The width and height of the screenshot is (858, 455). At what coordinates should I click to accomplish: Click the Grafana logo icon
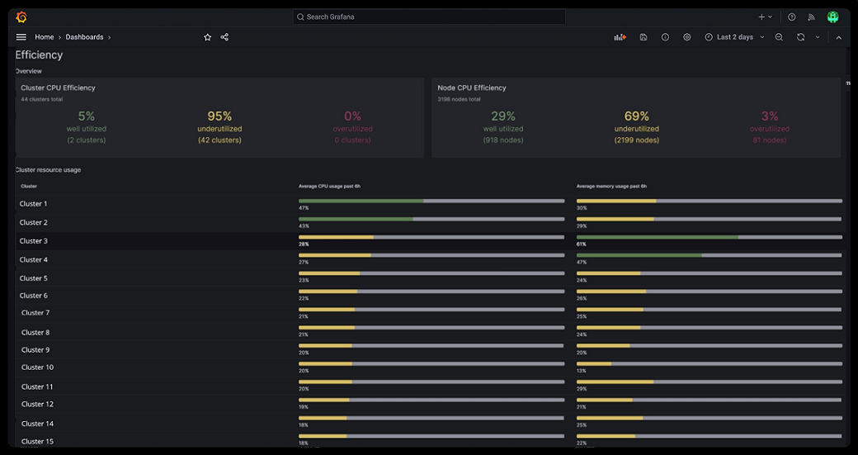click(x=21, y=17)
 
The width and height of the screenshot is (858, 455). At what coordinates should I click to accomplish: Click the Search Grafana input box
click(x=429, y=17)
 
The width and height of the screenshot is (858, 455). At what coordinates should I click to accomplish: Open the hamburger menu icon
click(x=21, y=37)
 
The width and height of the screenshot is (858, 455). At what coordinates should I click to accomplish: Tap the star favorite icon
click(x=208, y=37)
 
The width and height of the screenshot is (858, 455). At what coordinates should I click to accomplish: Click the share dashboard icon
click(x=224, y=37)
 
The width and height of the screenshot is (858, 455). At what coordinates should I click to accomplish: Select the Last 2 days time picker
click(x=734, y=37)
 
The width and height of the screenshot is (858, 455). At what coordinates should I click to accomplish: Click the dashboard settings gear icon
click(x=687, y=37)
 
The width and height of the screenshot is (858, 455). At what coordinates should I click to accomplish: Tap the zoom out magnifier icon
click(x=779, y=37)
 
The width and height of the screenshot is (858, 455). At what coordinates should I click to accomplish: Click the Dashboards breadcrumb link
click(x=85, y=37)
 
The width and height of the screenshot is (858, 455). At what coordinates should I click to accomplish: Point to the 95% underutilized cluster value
click(x=219, y=116)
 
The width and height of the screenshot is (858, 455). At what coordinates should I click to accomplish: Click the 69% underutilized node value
click(x=637, y=116)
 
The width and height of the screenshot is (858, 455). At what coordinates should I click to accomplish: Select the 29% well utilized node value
click(x=503, y=116)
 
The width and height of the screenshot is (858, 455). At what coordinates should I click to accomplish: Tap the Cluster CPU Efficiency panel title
click(x=58, y=88)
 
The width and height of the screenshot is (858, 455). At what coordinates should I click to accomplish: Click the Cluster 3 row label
click(x=34, y=241)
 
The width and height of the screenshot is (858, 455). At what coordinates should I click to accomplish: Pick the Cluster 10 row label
click(x=37, y=367)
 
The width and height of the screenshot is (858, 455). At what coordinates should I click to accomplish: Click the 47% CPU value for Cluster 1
click(x=304, y=208)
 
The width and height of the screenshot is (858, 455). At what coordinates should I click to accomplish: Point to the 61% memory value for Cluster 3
click(x=582, y=244)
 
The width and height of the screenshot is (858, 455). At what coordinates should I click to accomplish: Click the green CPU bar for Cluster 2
click(x=356, y=219)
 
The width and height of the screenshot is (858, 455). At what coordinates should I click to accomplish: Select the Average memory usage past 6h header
click(x=611, y=187)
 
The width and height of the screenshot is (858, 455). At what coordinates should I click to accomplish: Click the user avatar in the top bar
click(x=832, y=17)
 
